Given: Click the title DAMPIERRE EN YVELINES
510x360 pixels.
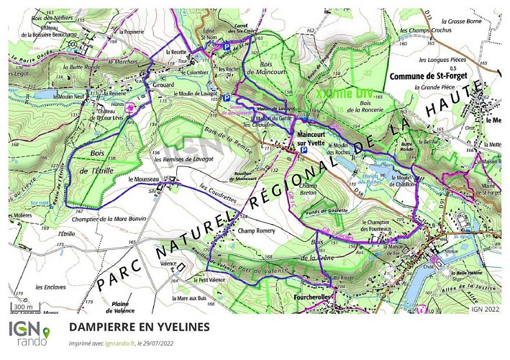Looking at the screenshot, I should (x=140, y=327).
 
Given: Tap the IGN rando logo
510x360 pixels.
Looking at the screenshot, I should (x=29, y=332).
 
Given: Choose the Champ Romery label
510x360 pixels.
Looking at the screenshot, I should (x=258, y=231).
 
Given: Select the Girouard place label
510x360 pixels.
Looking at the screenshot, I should (x=165, y=84).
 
